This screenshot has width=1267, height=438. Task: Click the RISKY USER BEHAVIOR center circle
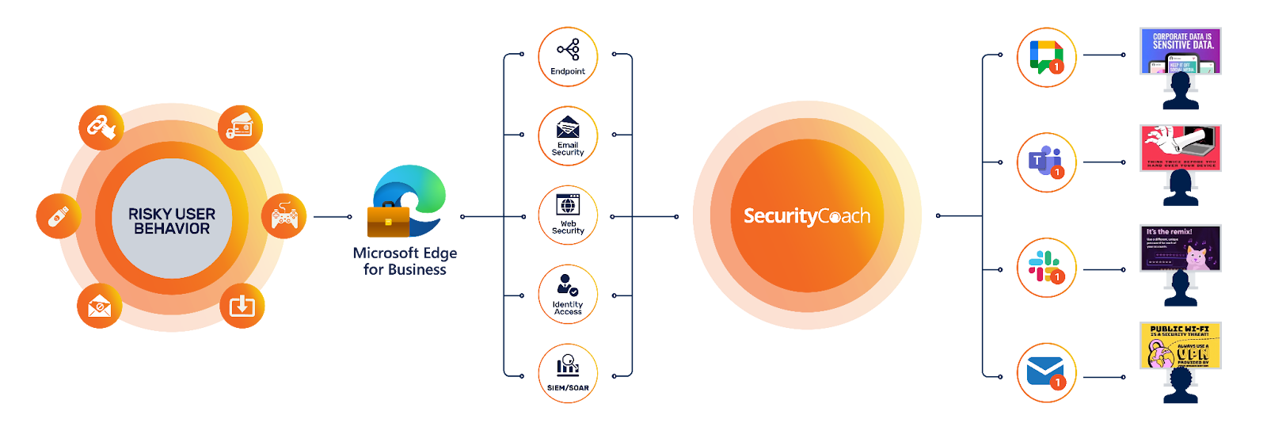(x=172, y=219)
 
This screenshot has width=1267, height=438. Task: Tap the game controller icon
(x=284, y=215)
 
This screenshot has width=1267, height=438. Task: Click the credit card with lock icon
(x=239, y=126)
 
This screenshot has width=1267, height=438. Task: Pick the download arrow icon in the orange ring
(x=242, y=305)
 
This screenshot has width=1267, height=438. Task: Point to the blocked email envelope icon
(x=99, y=305)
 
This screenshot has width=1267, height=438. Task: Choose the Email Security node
(x=568, y=138)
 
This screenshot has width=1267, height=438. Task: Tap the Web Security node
(x=568, y=215)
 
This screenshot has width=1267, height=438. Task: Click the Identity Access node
(x=568, y=295)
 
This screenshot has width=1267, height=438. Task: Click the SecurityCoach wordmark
(x=806, y=216)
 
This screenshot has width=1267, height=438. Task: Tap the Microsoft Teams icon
(x=1046, y=163)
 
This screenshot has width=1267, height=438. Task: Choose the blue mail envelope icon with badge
(x=1046, y=372)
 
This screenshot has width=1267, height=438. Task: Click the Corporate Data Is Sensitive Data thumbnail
(x=1179, y=51)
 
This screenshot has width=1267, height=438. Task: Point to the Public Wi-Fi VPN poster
(x=1179, y=345)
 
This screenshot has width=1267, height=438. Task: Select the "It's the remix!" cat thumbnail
(x=1179, y=248)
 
